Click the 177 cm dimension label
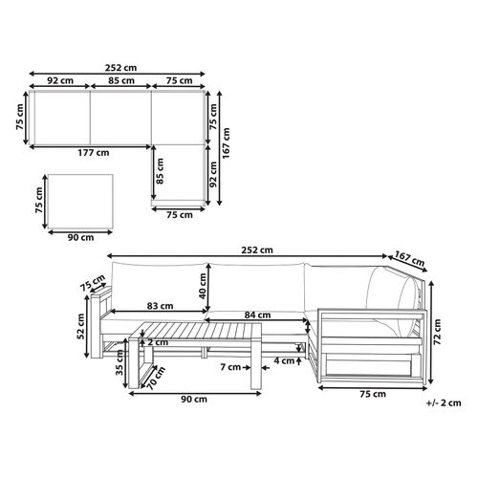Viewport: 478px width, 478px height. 94,153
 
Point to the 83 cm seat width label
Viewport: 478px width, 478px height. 160,306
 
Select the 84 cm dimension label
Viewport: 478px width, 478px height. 257,315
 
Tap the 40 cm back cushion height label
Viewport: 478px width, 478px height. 203,286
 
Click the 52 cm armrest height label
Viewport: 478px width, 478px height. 80,326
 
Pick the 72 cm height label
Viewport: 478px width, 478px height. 437,332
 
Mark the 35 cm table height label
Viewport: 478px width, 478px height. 119,362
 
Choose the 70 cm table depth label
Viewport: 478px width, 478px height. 156,379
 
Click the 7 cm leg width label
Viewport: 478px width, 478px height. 230,367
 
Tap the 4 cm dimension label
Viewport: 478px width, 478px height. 284,360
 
